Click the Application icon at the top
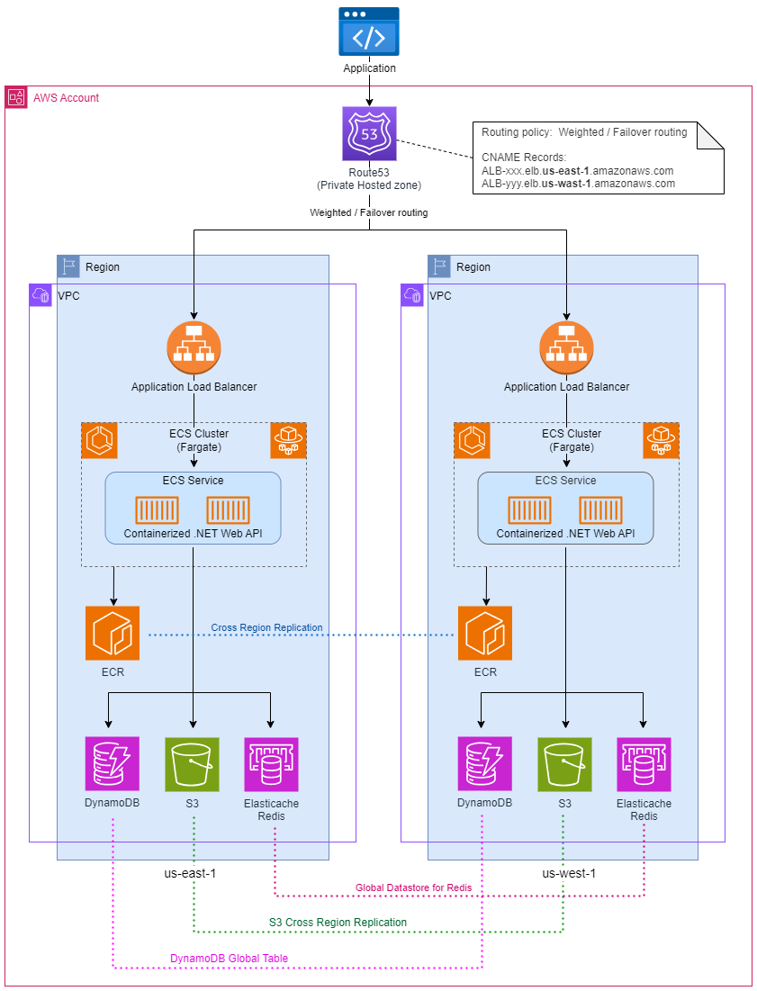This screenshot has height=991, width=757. (x=369, y=32)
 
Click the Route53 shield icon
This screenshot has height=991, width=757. (x=369, y=134)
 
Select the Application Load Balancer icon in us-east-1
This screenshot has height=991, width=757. (x=194, y=347)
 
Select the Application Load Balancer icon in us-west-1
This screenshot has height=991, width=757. (x=566, y=347)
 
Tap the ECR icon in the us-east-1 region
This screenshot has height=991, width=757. (x=113, y=633)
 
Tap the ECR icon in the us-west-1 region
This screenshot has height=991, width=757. (x=485, y=633)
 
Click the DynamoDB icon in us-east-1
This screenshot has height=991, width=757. (x=113, y=765)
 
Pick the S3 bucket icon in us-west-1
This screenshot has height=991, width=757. (x=565, y=765)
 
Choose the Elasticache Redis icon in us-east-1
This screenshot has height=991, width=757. (x=271, y=765)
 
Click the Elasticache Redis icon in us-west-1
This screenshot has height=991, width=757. (x=644, y=765)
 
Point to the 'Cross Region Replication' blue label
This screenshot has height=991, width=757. (x=266, y=627)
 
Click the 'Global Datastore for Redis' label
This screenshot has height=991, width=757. (x=413, y=887)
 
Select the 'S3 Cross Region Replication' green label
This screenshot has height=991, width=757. (x=338, y=923)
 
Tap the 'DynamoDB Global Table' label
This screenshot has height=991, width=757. (x=230, y=959)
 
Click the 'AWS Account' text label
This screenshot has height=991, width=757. (x=66, y=97)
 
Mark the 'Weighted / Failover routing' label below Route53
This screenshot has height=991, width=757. (x=369, y=213)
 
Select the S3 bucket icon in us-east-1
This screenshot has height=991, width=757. (x=193, y=765)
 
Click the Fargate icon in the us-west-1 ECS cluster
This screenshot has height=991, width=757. (x=661, y=440)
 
